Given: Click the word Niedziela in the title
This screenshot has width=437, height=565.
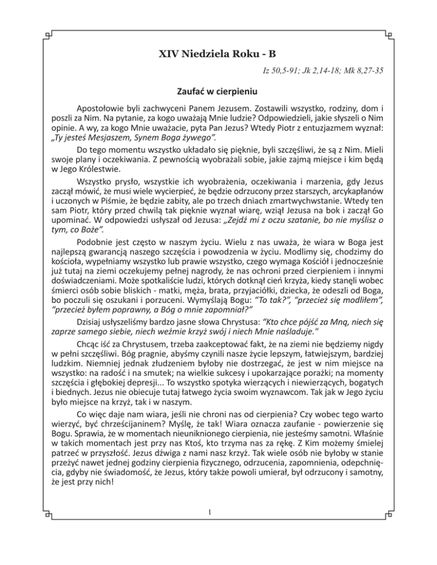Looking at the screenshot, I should pyautogui.click(x=209, y=55).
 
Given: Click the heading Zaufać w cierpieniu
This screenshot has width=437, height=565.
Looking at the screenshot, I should pyautogui.click(x=218, y=90).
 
